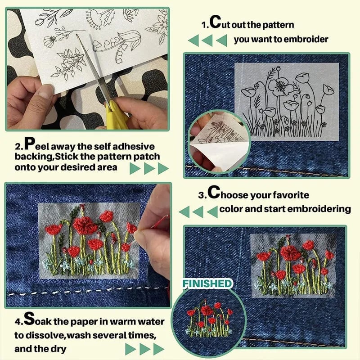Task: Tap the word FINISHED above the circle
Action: coord(207,283)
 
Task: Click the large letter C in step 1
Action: coord(216,22)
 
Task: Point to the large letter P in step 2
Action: coord(29,145)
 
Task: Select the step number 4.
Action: coord(17,323)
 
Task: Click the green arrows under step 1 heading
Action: coord(207,40)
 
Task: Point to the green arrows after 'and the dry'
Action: coord(144,349)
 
